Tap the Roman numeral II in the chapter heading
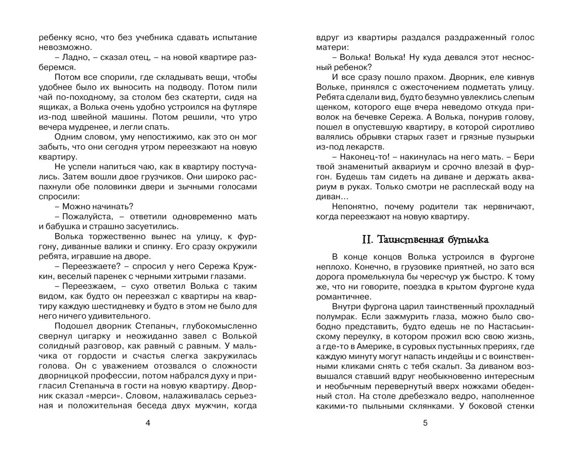[368, 240]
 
